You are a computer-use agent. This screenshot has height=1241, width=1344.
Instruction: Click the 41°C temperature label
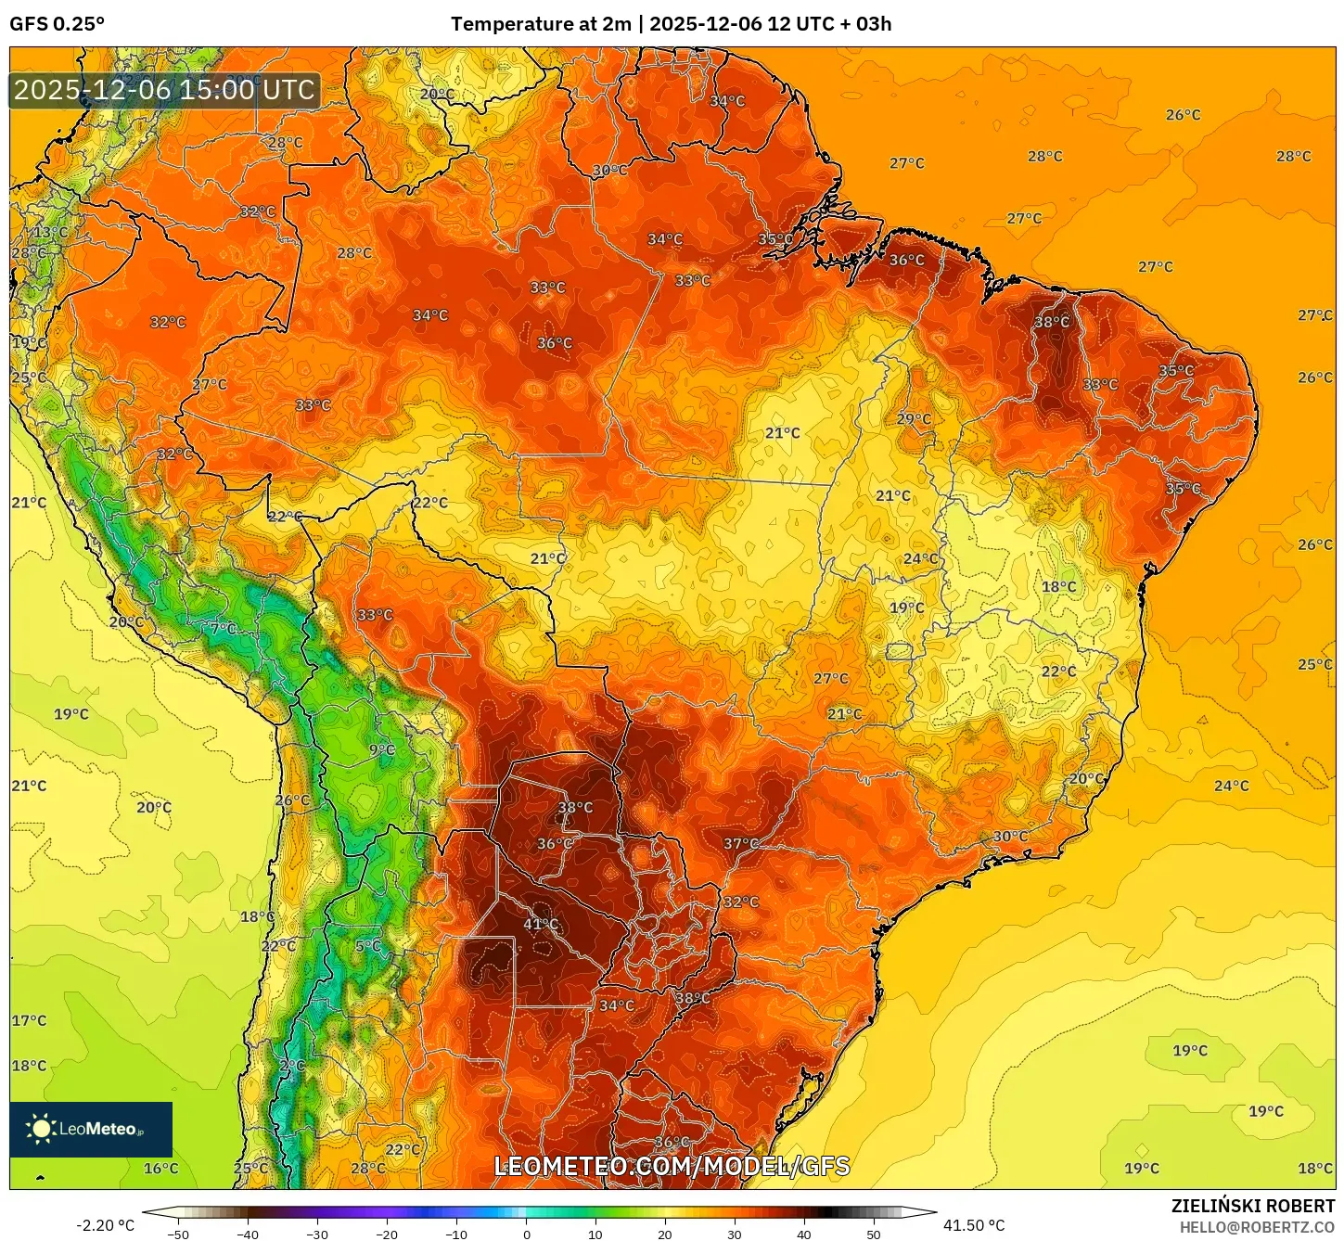tap(541, 924)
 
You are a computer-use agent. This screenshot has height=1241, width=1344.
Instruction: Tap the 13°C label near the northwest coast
tap(50, 232)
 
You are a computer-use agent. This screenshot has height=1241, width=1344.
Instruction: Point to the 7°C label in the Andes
tap(223, 628)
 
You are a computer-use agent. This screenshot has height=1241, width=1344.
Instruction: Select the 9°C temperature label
tap(381, 749)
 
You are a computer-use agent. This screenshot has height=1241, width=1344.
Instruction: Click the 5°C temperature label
tap(367, 946)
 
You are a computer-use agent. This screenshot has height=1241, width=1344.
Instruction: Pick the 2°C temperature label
tap(292, 1066)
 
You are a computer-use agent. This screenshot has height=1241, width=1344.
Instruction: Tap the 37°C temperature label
tap(740, 843)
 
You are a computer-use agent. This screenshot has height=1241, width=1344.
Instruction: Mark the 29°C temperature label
tap(914, 419)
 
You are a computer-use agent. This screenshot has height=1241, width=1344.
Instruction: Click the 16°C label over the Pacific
tap(160, 1168)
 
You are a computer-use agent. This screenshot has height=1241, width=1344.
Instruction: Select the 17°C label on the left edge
tap(29, 1020)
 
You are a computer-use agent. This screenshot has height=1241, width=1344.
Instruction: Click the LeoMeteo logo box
tap(91, 1129)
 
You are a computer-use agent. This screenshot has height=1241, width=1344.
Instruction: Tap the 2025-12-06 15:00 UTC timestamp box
tap(165, 90)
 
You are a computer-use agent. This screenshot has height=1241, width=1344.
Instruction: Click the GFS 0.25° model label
tap(58, 24)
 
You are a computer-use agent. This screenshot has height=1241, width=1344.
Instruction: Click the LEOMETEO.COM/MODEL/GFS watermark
tap(672, 1166)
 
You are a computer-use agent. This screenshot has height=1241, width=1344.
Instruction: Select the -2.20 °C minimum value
tap(105, 1225)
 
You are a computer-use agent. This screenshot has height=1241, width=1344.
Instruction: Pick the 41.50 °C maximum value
tap(974, 1225)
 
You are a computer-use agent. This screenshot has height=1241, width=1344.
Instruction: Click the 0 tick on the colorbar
tap(526, 1235)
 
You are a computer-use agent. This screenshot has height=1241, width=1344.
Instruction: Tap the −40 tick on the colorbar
tap(248, 1235)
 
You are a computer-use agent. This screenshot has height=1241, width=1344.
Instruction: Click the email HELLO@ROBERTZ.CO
tap(1257, 1227)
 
